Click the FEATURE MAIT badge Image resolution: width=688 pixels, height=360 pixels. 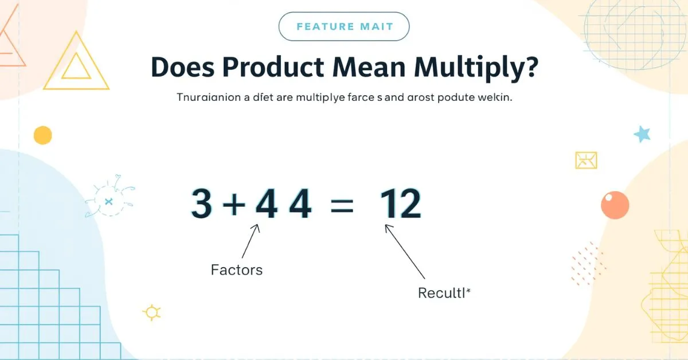(344, 26)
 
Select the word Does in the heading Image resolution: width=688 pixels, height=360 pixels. (182, 68)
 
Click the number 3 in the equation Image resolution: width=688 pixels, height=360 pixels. (201, 205)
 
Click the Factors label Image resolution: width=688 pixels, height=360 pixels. (236, 269)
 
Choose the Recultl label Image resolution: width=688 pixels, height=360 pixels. (444, 294)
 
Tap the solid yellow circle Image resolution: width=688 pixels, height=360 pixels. (43, 135)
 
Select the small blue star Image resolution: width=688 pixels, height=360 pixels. (643, 134)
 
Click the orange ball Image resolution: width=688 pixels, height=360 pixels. (615, 205)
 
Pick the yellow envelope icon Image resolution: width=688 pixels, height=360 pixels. (586, 160)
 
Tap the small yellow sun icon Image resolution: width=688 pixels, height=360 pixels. (151, 312)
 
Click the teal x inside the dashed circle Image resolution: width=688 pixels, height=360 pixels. (108, 201)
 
